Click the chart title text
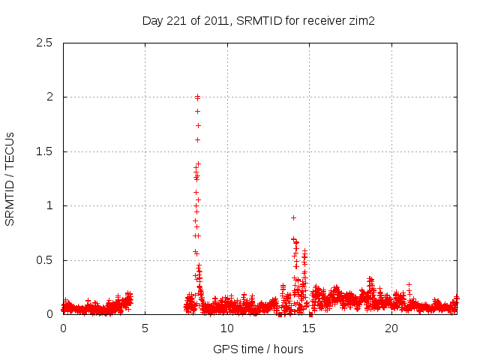[258, 21]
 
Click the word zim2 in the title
[361, 21]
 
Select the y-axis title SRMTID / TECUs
[10, 178]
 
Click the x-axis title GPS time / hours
[258, 349]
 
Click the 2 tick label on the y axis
[51, 97]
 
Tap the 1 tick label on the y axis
[51, 205]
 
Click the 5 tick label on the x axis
[145, 328]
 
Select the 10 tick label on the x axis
[227, 328]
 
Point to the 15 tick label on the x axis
[310, 328]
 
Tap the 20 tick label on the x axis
[391, 328]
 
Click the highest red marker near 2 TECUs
[197, 97]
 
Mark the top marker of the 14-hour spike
[293, 217]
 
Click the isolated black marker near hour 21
[409, 285]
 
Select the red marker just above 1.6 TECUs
[197, 139]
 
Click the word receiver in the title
[323, 21]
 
